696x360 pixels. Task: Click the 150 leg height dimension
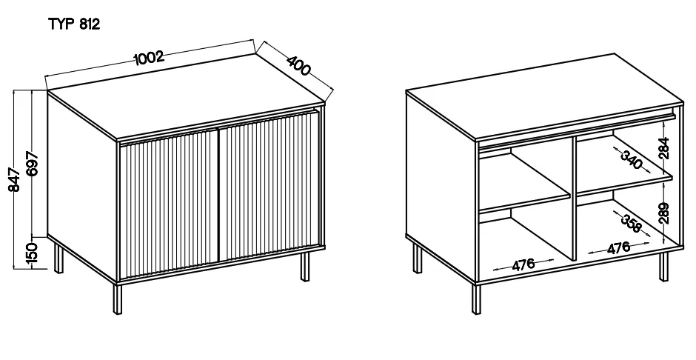32,254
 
